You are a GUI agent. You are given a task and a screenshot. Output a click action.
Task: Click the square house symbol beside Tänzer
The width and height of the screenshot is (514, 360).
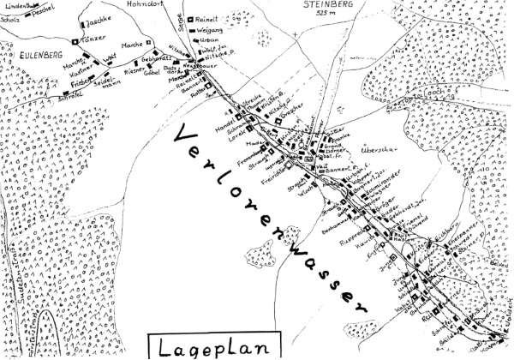click(75, 41)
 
